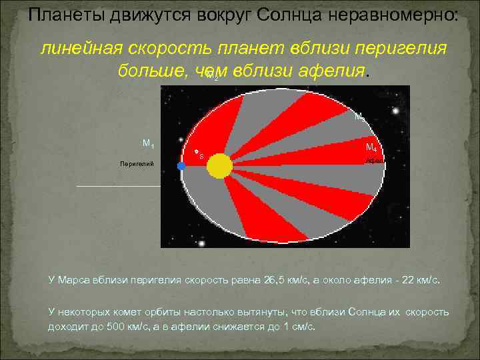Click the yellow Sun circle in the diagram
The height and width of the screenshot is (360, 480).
[x=219, y=165]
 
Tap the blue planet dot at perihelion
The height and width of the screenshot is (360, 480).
[x=181, y=166]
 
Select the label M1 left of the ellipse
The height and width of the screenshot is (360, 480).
[x=149, y=143]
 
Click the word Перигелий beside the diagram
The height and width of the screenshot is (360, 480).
[x=137, y=163]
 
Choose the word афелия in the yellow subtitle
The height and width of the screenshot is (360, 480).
[x=327, y=70]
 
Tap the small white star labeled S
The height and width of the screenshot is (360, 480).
[x=197, y=153]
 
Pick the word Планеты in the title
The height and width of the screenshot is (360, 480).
[x=61, y=15]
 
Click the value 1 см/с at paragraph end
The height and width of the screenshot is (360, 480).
[x=295, y=327]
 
